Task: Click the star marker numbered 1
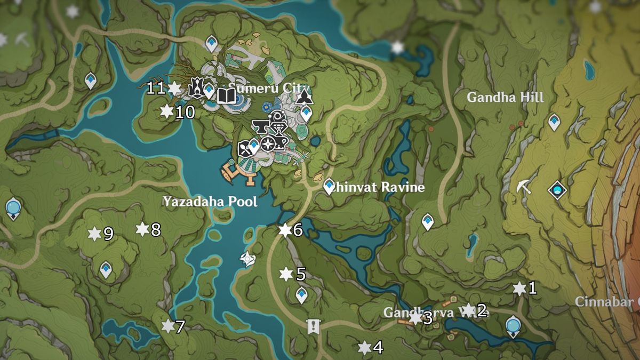[519, 289]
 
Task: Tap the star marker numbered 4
[365, 348]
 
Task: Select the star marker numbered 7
[168, 326]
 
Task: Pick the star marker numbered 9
[94, 234]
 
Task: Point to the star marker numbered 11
[174, 88]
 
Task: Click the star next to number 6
[285, 230]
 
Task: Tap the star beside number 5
[286, 274]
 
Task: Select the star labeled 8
[142, 229]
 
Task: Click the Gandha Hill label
[505, 98]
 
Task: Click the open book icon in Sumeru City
[227, 96]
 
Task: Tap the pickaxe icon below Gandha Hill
[524, 187]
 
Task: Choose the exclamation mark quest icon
[313, 326]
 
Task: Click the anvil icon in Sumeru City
[261, 126]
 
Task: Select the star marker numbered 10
[167, 111]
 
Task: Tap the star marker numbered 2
[468, 309]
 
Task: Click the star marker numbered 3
[415, 318]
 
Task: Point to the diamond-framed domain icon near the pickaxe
[558, 189]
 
